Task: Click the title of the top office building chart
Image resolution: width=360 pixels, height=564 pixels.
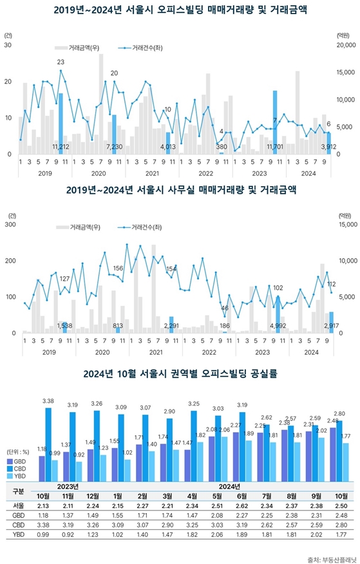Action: [180, 10]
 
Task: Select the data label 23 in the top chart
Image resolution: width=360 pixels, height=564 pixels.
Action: [61, 62]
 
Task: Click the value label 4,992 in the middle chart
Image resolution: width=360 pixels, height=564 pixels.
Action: [278, 326]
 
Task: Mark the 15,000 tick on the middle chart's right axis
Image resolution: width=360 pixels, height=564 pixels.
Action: [345, 225]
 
